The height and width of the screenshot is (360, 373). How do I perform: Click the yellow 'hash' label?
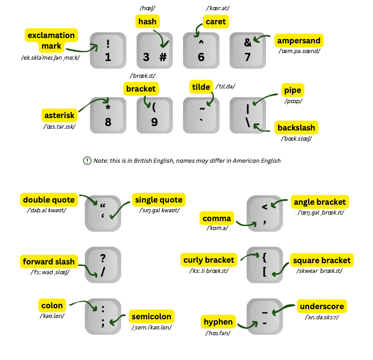[147, 21]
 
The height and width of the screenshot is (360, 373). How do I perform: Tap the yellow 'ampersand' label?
[299, 41]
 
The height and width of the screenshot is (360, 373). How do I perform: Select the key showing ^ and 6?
[201, 50]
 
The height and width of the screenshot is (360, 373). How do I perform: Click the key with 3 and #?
[154, 50]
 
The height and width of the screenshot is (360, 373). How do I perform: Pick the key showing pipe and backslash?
[248, 115]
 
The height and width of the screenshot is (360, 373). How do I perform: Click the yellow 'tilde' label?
[201, 87]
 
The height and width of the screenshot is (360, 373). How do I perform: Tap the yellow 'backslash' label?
[296, 128]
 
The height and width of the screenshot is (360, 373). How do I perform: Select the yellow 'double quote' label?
[49, 200]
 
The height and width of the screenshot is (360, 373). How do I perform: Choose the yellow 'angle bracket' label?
[320, 202]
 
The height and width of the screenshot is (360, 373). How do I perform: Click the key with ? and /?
[103, 265]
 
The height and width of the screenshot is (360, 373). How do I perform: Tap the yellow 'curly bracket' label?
[209, 260]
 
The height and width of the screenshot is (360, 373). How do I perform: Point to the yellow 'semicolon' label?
[151, 317]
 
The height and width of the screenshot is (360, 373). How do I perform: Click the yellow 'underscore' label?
[322, 306]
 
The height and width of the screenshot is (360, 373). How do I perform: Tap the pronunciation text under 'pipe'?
[291, 101]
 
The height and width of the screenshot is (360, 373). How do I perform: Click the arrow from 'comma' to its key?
[246, 224]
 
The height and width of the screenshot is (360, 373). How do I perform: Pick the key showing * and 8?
[108, 115]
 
